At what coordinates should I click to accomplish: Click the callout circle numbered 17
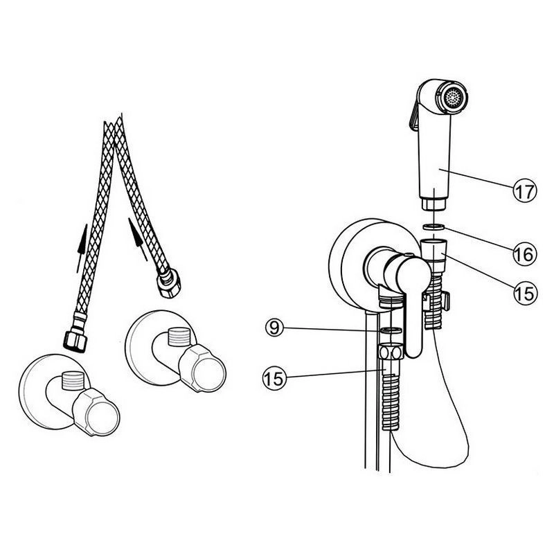(525, 191)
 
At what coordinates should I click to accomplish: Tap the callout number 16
(525, 254)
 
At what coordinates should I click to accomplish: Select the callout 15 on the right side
(525, 293)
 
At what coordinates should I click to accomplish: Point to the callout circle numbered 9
(274, 328)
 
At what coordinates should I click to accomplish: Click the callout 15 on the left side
(274, 378)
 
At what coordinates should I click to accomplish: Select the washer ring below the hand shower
(434, 226)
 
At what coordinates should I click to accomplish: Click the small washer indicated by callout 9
(391, 330)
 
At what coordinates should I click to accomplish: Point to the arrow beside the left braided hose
(82, 248)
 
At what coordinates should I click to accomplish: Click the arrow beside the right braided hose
(138, 239)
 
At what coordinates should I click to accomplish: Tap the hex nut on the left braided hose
(75, 341)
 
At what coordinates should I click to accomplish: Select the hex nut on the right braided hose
(168, 283)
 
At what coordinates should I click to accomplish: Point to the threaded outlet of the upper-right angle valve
(179, 337)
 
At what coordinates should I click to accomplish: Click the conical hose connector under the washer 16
(434, 250)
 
